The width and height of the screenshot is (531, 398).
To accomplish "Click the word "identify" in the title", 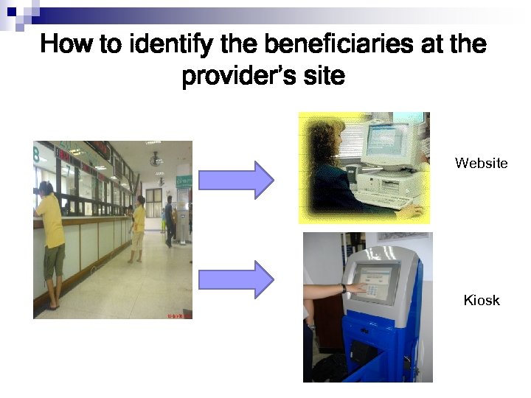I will coord(172,45).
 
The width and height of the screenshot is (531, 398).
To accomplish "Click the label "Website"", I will coord(481,163).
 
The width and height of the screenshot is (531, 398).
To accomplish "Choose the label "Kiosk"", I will coord(481,300).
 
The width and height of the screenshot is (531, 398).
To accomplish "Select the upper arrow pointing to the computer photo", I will coord(236,180).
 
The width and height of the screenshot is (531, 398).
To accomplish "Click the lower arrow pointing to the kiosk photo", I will coord(236,279).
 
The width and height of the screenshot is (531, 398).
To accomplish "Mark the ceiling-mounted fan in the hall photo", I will coord(156,158).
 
